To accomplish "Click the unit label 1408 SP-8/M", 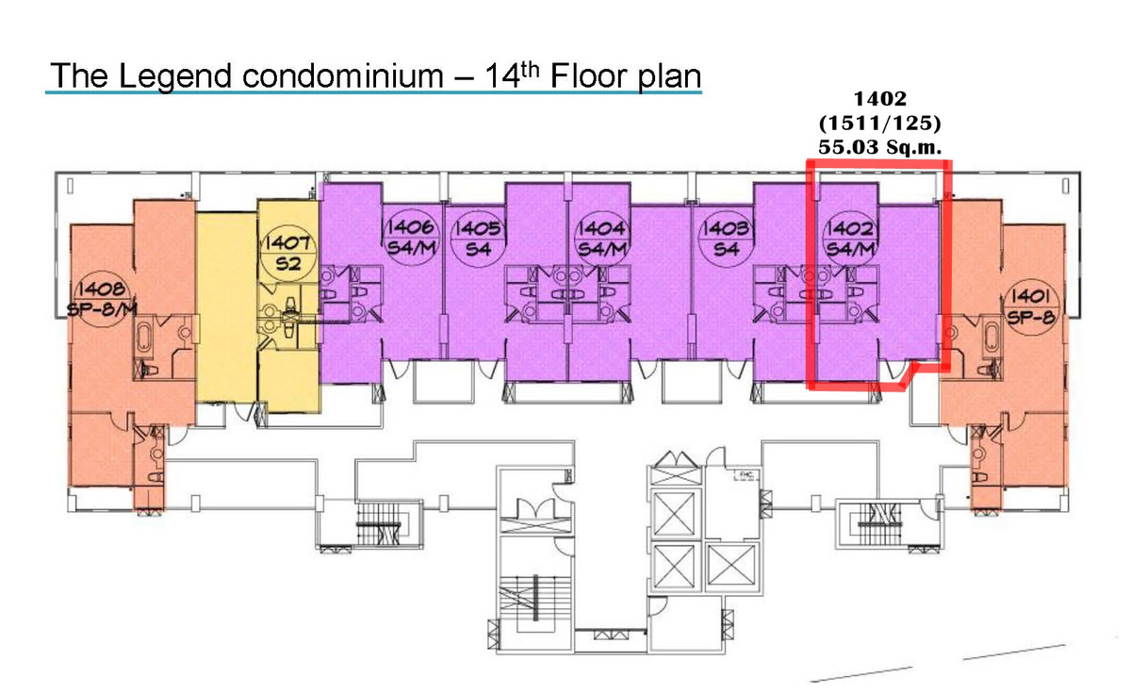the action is [x=102, y=299].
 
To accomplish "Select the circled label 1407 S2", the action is [x=287, y=253].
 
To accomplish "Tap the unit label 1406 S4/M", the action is [x=411, y=237].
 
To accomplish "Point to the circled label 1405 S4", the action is [x=478, y=238].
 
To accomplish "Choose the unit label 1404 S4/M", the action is [x=602, y=239].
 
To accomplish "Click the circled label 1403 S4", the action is [x=726, y=239].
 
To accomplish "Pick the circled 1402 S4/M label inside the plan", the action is [x=850, y=239].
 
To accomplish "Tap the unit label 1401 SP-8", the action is [x=1031, y=306].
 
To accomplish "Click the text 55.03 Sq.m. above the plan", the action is [x=880, y=147].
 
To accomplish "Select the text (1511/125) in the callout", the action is [x=880, y=124].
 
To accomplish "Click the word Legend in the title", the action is [x=174, y=76].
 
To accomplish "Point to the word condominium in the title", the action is [x=343, y=75].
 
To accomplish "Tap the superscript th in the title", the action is [x=530, y=70].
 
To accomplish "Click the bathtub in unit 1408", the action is [x=144, y=336].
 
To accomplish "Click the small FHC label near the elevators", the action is [x=746, y=474].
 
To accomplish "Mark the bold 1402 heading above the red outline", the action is [x=880, y=99].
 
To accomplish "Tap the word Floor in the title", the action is [x=589, y=75].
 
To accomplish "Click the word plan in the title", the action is [x=669, y=77].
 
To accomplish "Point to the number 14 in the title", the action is [x=503, y=75].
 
